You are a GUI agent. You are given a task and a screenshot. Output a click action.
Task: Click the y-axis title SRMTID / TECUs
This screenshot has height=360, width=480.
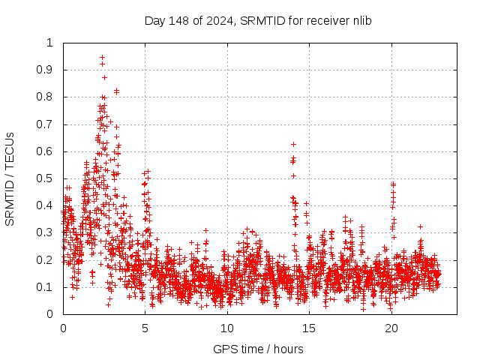pyautogui.click(x=10, y=178)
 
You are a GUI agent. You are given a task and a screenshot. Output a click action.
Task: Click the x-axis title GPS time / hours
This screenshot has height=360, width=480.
pyautogui.click(x=257, y=349)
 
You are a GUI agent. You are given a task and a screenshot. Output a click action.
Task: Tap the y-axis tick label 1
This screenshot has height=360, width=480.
pyautogui.click(x=50, y=43)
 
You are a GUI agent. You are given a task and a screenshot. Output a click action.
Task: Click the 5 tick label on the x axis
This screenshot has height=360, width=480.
pyautogui.click(x=145, y=328)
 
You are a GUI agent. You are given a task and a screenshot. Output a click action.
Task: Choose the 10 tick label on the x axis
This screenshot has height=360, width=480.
pyautogui.click(x=227, y=328)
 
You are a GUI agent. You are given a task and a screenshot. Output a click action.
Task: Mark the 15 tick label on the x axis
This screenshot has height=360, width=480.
pyautogui.click(x=309, y=328)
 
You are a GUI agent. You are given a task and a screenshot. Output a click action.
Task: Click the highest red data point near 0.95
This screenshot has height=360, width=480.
pyautogui.click(x=102, y=57)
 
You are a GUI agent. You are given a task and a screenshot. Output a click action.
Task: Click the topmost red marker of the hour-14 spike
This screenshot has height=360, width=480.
pyautogui.click(x=293, y=144)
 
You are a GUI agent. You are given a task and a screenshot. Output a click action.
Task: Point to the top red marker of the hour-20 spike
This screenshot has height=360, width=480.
pyautogui.click(x=392, y=184)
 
